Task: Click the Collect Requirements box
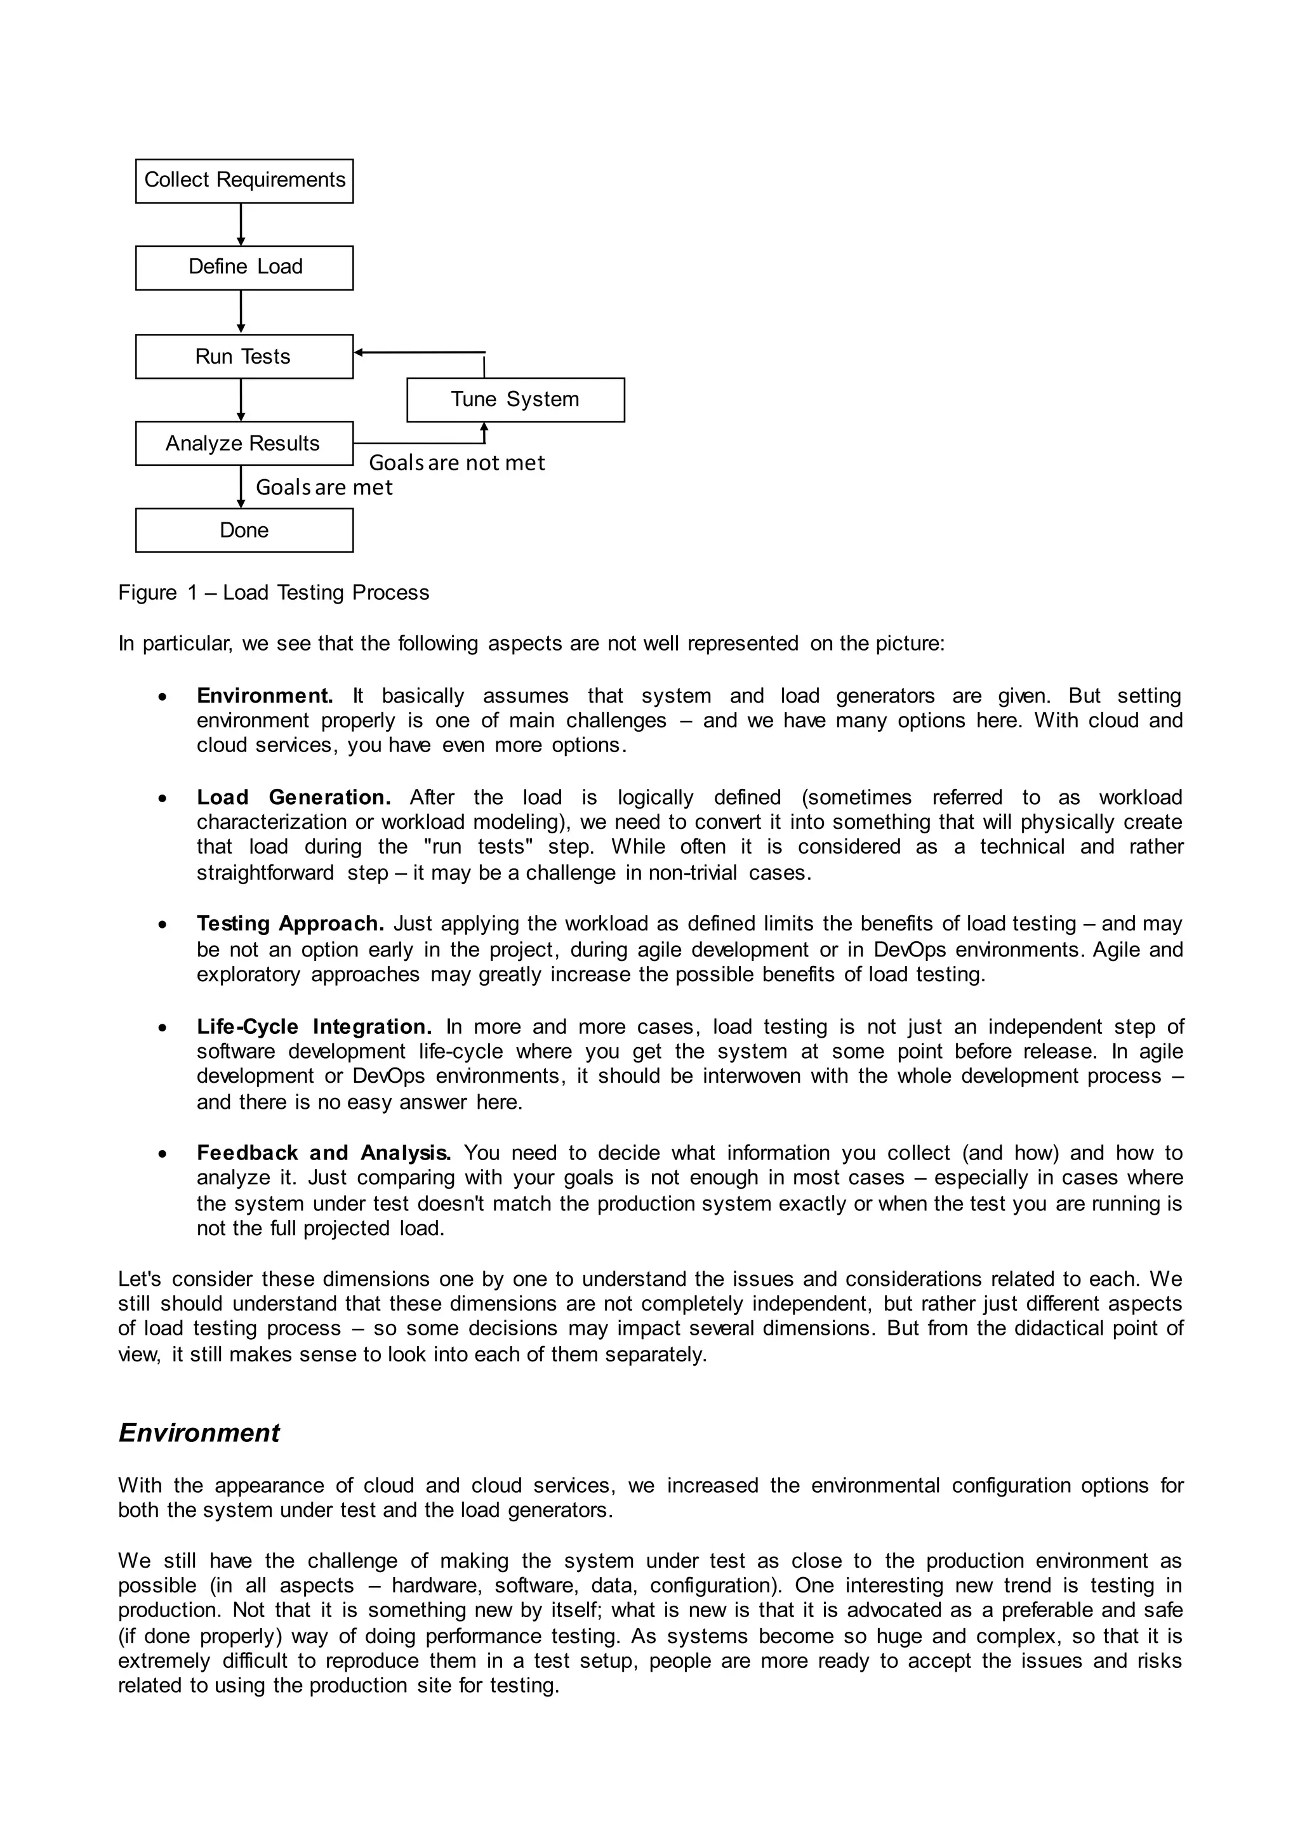click(x=244, y=180)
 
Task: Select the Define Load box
click(x=244, y=267)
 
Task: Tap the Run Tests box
click(x=244, y=356)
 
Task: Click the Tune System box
click(x=515, y=399)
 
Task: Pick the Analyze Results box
click(x=244, y=444)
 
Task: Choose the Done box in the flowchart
click(x=244, y=531)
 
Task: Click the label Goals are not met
click(x=456, y=463)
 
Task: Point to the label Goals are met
click(x=324, y=487)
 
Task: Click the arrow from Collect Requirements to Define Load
click(x=241, y=224)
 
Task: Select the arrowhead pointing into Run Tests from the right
click(x=359, y=352)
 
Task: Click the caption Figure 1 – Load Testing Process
click(x=274, y=593)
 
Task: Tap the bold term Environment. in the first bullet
click(x=265, y=696)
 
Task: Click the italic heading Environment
click(x=199, y=1433)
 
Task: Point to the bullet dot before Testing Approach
click(x=163, y=925)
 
